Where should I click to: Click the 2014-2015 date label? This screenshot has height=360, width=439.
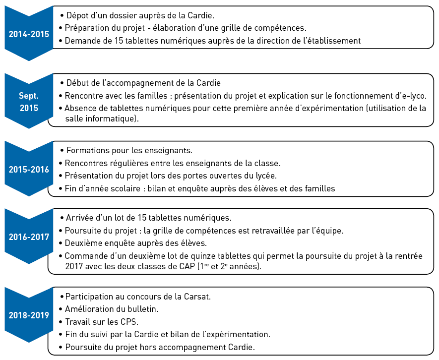29,34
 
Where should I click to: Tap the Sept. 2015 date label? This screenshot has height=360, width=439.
29,101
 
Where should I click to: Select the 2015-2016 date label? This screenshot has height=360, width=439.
29,169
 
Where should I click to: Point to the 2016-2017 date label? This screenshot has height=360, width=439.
29,237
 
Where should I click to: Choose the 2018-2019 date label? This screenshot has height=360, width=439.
29,315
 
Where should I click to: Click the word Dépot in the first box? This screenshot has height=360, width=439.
78,15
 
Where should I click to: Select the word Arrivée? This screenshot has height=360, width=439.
81,217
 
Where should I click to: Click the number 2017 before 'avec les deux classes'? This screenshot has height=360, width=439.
75,266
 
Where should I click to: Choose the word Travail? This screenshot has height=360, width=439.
79,321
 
